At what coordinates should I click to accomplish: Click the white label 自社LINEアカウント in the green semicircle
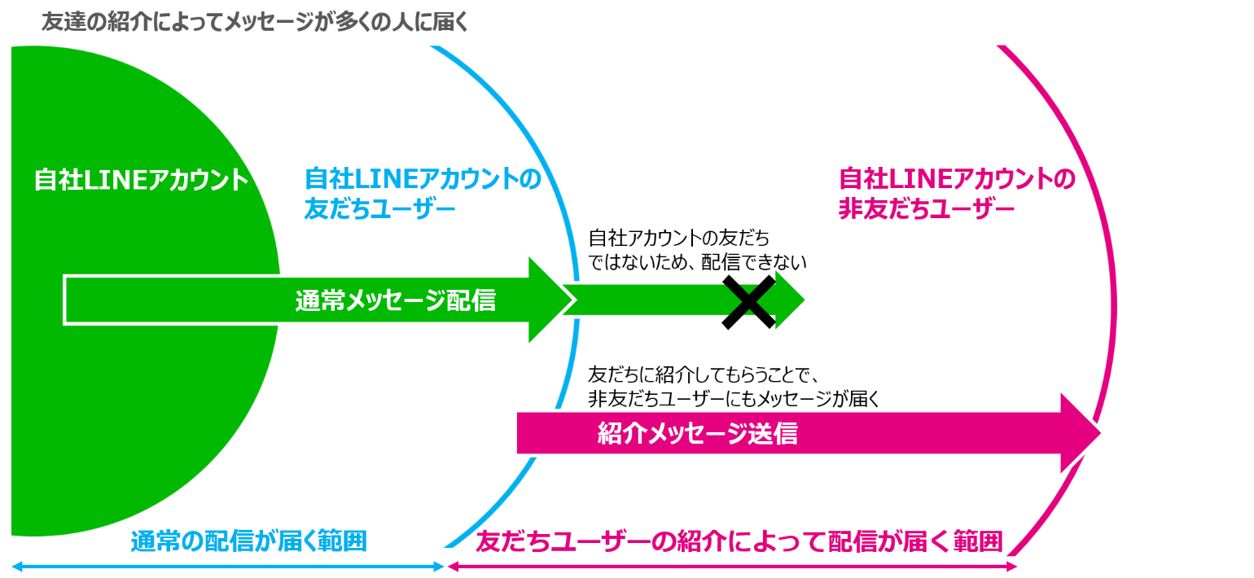[x=141, y=180]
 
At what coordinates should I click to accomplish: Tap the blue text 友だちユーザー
[x=379, y=209]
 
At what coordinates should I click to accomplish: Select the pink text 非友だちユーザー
[x=926, y=209]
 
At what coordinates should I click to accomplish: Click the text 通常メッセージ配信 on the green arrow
[x=395, y=301]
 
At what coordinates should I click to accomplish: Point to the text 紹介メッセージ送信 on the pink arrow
[x=697, y=434]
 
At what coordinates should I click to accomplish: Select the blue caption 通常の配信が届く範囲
[x=248, y=541]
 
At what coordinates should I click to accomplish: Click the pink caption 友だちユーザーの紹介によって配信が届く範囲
[x=739, y=541]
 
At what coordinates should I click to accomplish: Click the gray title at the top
[x=255, y=22]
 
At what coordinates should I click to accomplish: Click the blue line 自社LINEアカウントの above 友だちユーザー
[x=422, y=178]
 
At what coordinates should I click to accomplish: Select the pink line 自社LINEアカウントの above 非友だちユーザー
[x=957, y=178]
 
